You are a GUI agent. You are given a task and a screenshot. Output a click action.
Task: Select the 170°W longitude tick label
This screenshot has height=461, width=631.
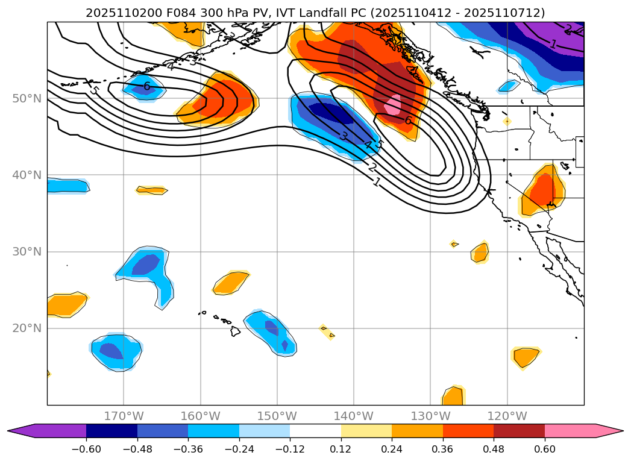pyautogui.click(x=124, y=416)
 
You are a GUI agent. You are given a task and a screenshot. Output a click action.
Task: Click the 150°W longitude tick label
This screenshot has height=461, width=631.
pyautogui.click(x=277, y=416)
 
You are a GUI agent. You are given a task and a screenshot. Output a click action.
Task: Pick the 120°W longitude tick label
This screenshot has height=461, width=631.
pyautogui.click(x=507, y=416)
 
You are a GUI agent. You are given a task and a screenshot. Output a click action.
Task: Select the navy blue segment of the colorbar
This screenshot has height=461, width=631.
pyautogui.click(x=111, y=430)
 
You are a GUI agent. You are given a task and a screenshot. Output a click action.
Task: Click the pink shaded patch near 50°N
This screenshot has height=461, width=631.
pyautogui.click(x=393, y=105)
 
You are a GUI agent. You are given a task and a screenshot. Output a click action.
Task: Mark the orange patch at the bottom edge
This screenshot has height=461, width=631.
pyautogui.click(x=453, y=397)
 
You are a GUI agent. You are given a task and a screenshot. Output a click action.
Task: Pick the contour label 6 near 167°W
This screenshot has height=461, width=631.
pyautogui.click(x=146, y=86)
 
